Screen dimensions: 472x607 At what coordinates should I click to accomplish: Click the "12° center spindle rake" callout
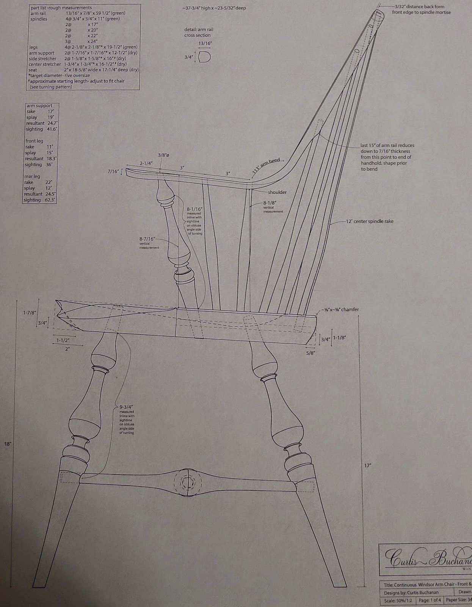[x=370, y=221]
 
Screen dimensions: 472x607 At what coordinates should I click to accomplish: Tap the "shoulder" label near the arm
[x=277, y=192]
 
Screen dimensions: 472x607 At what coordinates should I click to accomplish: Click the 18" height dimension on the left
[x=8, y=443]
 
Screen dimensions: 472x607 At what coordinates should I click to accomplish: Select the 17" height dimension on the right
[x=367, y=465]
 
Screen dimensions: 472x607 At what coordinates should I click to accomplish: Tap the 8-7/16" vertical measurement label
[x=147, y=239]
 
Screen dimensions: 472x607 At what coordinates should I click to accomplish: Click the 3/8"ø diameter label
[x=163, y=155]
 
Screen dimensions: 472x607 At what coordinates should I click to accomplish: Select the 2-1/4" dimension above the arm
[x=146, y=163]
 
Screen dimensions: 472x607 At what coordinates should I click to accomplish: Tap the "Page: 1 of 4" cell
[x=429, y=600]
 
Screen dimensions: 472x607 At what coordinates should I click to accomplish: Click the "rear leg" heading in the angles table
[x=32, y=176]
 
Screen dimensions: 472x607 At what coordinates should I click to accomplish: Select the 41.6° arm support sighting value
[x=52, y=129]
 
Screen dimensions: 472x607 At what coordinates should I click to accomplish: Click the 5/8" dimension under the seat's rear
[x=310, y=353]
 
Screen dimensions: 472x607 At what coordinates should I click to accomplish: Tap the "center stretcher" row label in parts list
[x=45, y=64]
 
